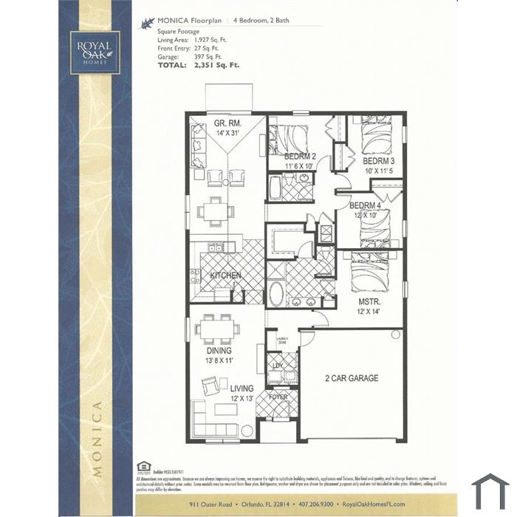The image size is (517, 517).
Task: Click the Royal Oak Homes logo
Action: pos(95,52)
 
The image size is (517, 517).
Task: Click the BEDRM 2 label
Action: pos(300,157)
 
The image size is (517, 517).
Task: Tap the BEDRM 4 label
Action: pos(365,205)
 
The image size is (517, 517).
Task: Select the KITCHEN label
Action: pos(225,275)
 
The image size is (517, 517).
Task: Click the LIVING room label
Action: pos(242,388)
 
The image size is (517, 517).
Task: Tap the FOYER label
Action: pos(278,397)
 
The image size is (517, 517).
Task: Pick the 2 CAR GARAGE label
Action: pos(352,378)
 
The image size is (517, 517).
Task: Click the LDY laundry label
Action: pos(278,366)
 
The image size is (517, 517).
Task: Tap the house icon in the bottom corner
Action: pos(490,492)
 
